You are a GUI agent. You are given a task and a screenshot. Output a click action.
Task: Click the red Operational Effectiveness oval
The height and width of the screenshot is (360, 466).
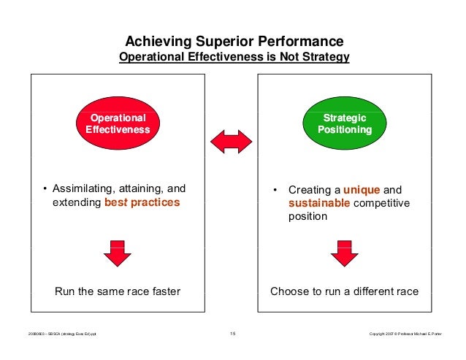[x=118, y=124]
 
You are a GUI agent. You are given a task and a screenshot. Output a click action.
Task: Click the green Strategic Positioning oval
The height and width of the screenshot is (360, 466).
[x=345, y=124]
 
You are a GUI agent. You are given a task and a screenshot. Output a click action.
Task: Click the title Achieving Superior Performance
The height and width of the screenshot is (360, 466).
[x=230, y=42]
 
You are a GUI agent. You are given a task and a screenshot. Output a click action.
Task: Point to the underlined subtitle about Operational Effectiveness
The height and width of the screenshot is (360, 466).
[x=234, y=57]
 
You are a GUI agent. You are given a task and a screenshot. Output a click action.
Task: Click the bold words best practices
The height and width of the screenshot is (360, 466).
[x=142, y=202]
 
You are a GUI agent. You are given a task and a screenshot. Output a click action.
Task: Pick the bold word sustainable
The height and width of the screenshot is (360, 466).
[x=319, y=202]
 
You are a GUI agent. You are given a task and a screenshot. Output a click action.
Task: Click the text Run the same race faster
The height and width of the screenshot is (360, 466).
[x=118, y=292]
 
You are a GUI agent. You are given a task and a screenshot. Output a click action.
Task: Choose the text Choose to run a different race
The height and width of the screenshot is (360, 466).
[x=344, y=292]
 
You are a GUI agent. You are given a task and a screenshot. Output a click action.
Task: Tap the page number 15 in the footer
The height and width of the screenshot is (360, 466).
[x=232, y=334]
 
